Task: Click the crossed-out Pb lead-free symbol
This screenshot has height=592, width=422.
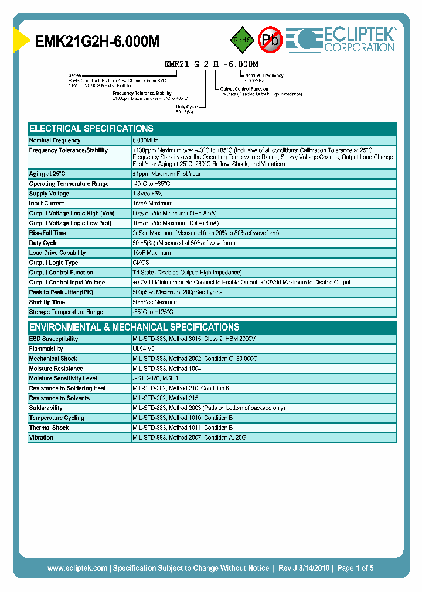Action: pos(270,40)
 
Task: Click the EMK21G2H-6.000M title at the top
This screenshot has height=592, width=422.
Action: pos(98,41)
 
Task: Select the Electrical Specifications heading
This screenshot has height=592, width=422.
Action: pos(91,128)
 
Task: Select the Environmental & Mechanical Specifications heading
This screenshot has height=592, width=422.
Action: pos(134,327)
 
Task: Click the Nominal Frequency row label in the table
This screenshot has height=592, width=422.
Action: pos(55,140)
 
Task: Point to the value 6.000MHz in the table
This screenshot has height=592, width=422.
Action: pos(145,140)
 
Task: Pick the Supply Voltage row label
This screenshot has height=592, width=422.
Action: pos(49,194)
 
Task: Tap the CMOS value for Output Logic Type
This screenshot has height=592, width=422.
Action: pos(141,263)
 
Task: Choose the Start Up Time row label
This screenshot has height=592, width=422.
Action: pos(47,302)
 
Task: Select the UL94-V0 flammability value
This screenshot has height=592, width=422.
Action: pos(144,349)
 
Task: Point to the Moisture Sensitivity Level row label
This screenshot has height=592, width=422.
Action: pos(63,378)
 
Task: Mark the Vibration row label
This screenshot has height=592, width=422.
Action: pos(41,438)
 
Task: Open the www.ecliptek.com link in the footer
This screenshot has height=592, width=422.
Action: pos(77,568)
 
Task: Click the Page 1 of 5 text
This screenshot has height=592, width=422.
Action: pos(355,568)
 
